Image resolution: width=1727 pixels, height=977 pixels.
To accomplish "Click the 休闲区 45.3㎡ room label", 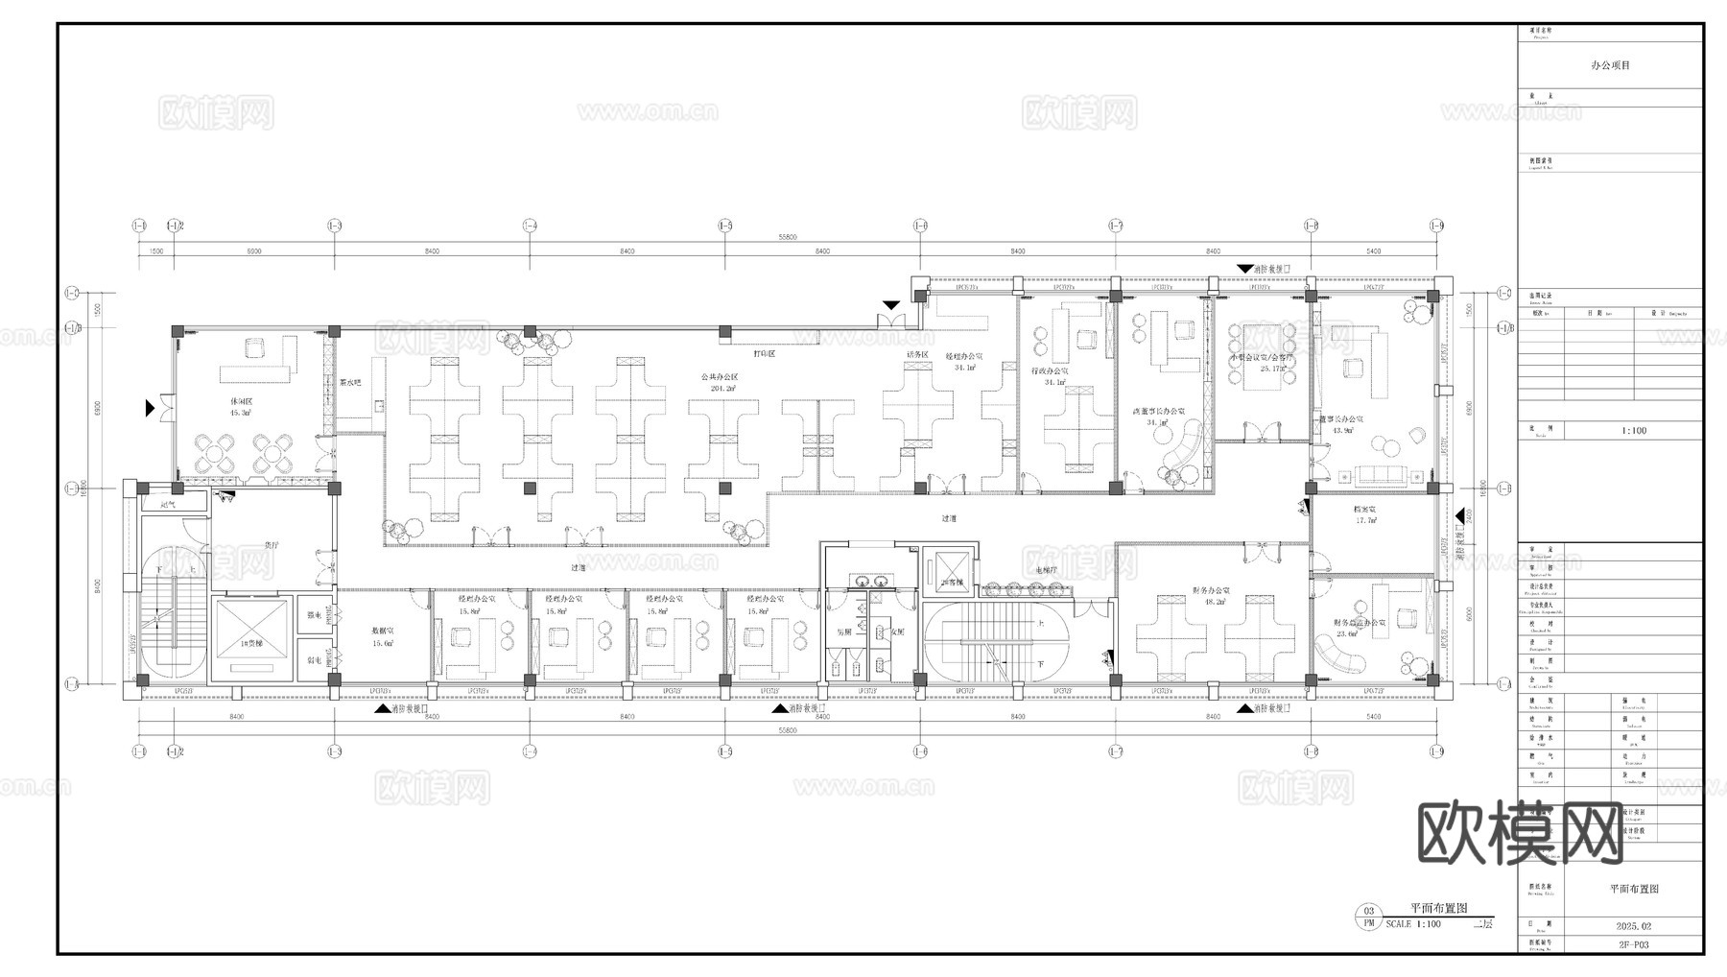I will pos(240,406).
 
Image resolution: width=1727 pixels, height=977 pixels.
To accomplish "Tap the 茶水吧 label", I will pos(350,382).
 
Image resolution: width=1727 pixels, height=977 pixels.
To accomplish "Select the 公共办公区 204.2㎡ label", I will pos(719,382).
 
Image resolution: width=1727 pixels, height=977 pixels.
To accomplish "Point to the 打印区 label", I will pos(764,354).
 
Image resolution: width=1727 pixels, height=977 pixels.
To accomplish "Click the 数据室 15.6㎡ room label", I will pos(383,636).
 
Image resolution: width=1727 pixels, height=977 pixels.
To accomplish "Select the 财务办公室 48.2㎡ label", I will pos(1212,596).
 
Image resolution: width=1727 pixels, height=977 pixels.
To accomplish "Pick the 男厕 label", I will pos(843,632).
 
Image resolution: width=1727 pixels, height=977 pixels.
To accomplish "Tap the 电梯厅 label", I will pos(1046,570).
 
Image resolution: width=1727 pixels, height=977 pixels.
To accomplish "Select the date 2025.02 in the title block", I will pos(1634,927).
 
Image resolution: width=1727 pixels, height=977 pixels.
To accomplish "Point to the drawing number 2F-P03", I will pos(1634,944).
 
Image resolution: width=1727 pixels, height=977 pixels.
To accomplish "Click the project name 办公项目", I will pos(1610,65).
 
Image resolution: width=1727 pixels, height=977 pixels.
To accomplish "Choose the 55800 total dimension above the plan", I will pos(788,237).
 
